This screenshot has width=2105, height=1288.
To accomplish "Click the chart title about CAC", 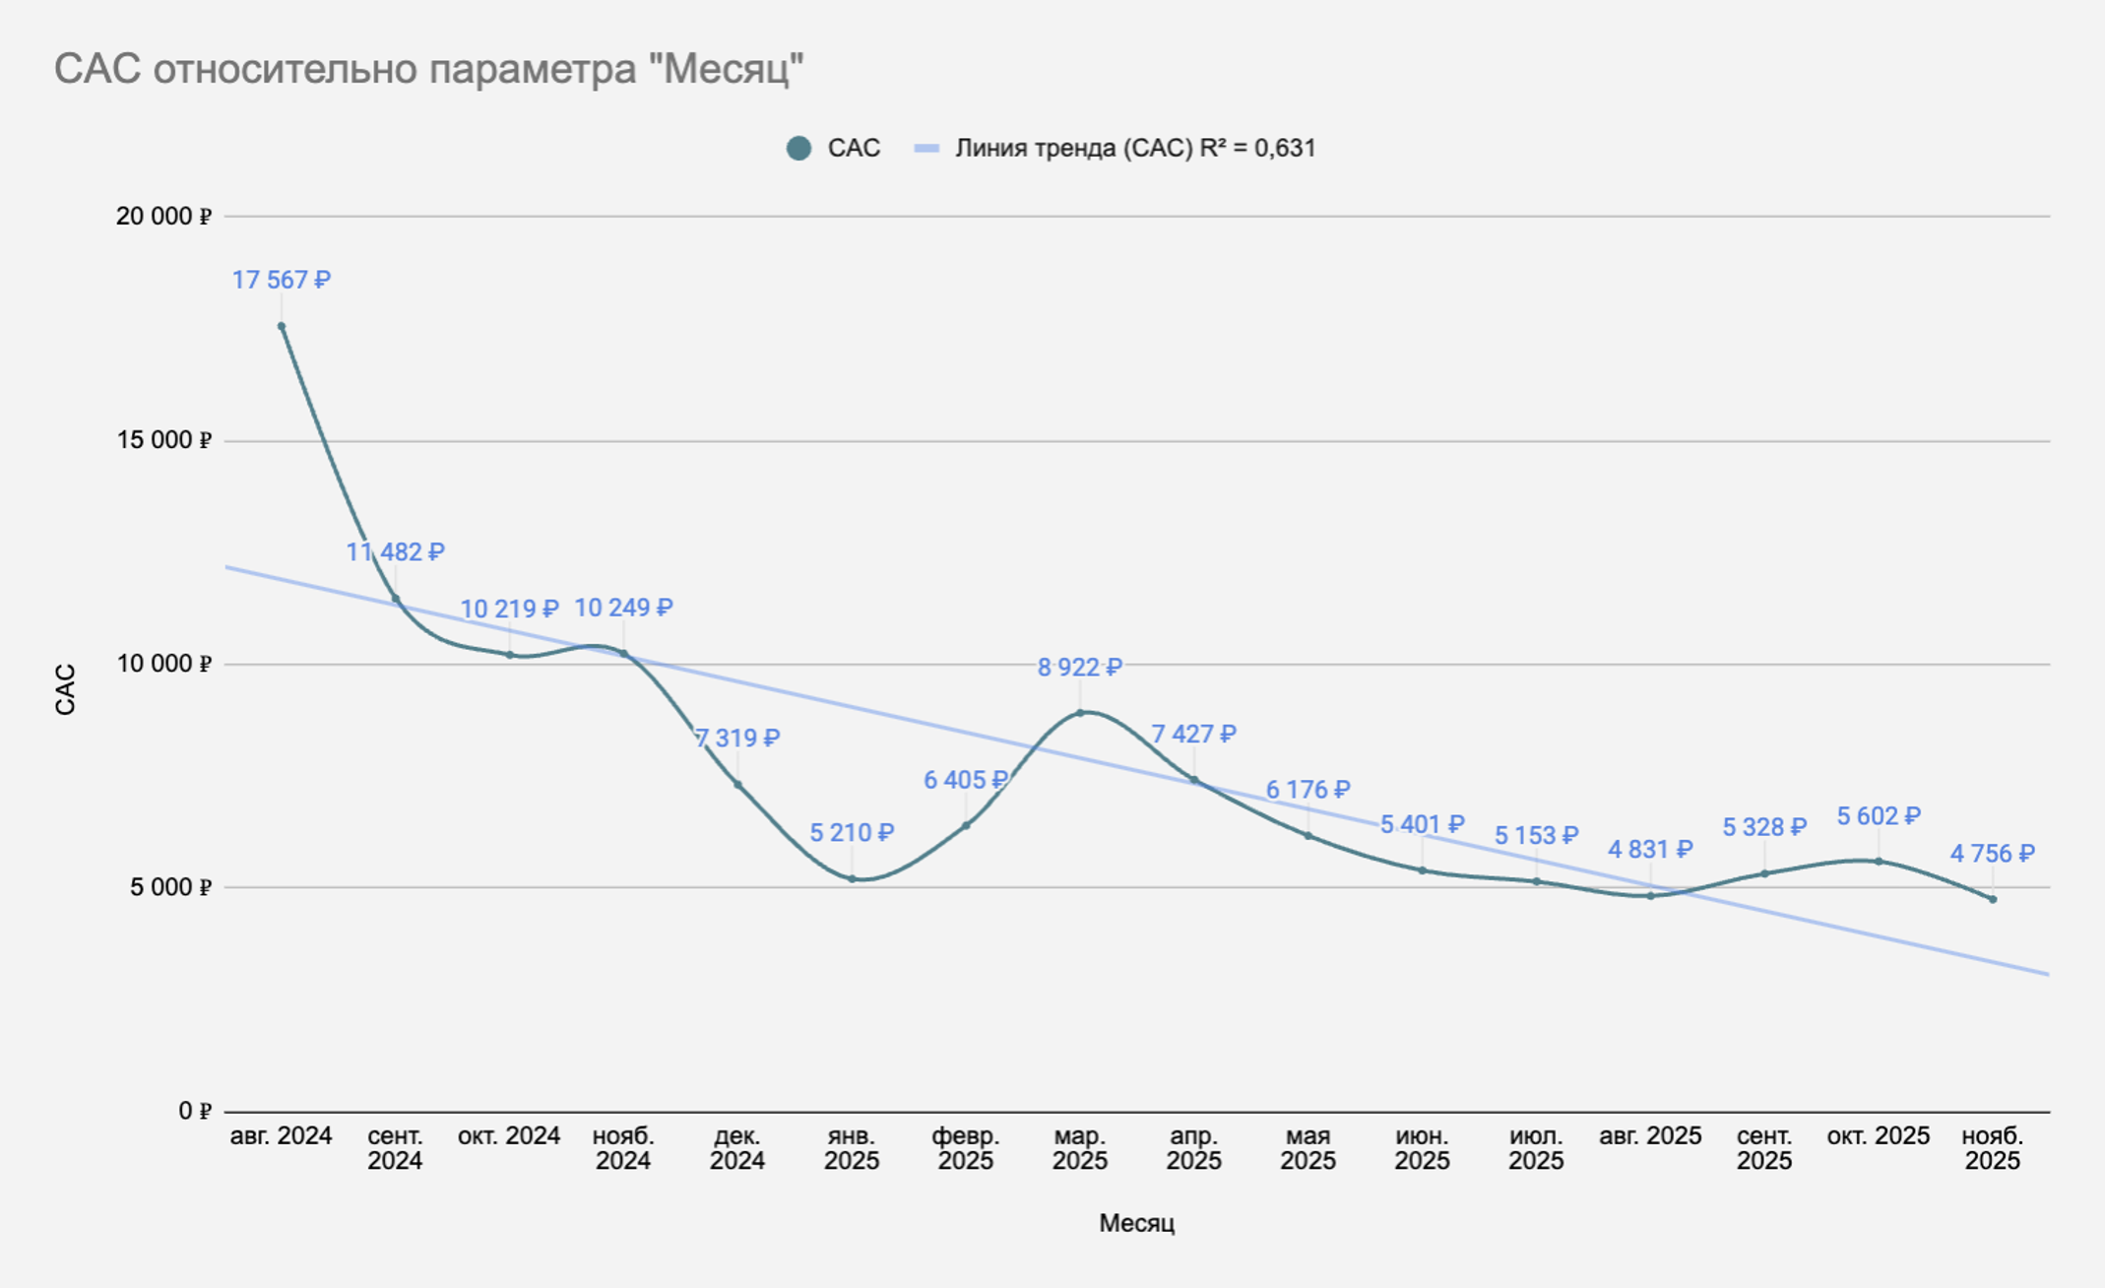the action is [x=429, y=69].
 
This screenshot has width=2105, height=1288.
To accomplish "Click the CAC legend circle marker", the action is [x=799, y=149].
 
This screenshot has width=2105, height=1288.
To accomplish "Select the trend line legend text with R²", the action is [x=1135, y=149].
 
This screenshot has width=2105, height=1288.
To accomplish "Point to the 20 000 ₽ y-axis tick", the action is [x=163, y=216].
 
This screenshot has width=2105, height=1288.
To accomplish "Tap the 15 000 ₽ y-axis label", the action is [x=163, y=440].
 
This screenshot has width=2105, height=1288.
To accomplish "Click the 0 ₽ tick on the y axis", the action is [x=195, y=1111].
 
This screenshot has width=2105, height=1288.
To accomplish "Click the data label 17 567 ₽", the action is [x=282, y=281].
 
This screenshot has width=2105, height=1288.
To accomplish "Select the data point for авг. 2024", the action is [x=282, y=326].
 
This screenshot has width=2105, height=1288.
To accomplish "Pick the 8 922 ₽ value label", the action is [x=1080, y=668].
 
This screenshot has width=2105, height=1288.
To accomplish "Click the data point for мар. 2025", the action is [x=1080, y=712].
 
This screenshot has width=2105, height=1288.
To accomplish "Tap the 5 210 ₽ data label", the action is [x=852, y=833].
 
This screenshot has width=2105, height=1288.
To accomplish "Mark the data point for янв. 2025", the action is [x=852, y=878].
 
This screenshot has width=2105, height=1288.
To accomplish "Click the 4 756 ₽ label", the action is [x=1993, y=854].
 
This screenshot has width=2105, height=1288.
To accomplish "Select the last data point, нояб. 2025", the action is [x=1993, y=899].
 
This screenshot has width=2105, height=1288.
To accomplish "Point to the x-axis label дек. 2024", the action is [x=737, y=1148].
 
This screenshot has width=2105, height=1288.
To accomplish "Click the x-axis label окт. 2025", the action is [x=1879, y=1136].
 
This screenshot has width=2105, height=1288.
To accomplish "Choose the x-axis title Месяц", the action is [x=1137, y=1223].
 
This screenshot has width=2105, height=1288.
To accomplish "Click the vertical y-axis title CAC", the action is [x=65, y=689].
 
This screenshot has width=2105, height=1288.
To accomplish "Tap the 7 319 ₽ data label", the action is [x=737, y=738].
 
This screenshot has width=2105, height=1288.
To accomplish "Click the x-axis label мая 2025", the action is [x=1308, y=1148].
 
